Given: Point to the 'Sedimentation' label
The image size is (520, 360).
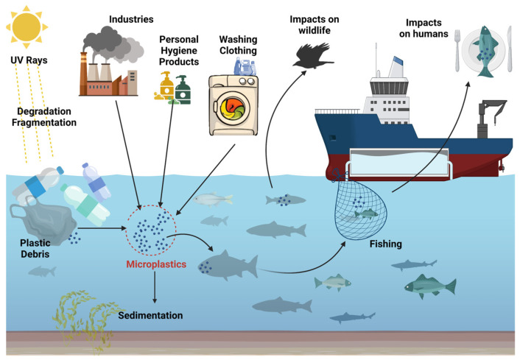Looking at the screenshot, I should click(x=150, y=316).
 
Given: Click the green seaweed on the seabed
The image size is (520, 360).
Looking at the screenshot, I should click(x=85, y=317).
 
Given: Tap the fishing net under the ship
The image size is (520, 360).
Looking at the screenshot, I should click(x=367, y=211).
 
